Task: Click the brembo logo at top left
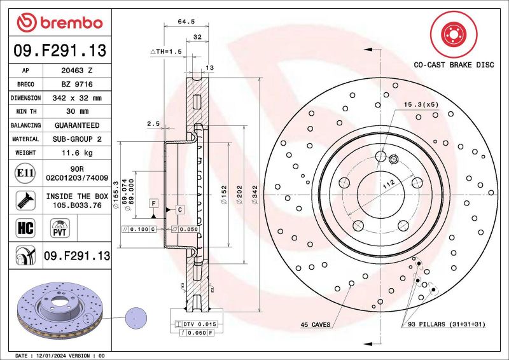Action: click(59, 23)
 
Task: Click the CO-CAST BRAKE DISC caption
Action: click(453, 66)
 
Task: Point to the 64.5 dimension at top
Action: click(186, 22)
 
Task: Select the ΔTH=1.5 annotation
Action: click(165, 51)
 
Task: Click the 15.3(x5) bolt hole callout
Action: click(421, 104)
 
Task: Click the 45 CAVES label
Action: click(315, 325)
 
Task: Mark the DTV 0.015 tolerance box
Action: click(200, 324)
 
